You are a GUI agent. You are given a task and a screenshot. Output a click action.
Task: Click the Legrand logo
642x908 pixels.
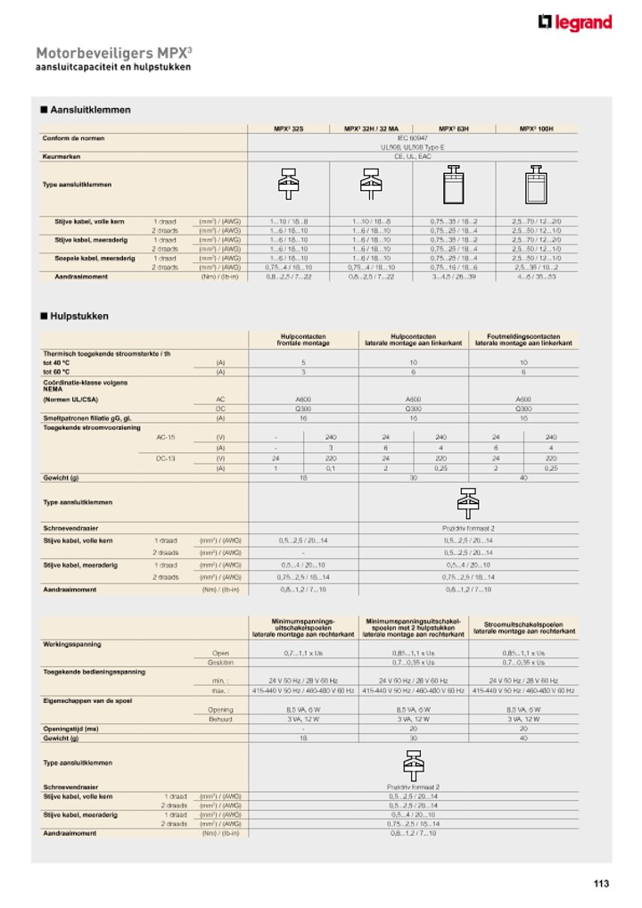click(x=575, y=22)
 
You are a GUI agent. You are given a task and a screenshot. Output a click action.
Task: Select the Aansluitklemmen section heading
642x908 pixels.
click(x=86, y=110)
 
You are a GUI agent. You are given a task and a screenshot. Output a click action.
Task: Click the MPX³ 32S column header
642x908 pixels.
click(x=288, y=129)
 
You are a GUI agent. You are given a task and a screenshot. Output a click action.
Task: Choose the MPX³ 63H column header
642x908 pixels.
click(x=453, y=129)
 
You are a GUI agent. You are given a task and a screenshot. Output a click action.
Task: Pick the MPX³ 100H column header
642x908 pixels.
click(x=536, y=129)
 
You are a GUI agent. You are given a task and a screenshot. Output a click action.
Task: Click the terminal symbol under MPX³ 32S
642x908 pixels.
click(x=288, y=185)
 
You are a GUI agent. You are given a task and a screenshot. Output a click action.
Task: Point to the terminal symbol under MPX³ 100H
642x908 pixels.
click(x=536, y=185)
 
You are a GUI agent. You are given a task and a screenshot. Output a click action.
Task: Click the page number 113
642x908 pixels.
click(x=601, y=883)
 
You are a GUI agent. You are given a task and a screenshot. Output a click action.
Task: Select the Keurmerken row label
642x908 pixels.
click(x=62, y=156)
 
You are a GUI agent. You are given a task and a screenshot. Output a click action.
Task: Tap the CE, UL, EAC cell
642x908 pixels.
click(x=412, y=156)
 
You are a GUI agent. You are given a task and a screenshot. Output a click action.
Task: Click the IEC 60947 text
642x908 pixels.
click(x=412, y=138)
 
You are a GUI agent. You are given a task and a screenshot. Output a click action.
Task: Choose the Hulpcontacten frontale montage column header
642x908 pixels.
click(x=302, y=340)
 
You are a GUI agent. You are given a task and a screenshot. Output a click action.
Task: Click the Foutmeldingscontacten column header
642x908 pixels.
click(x=523, y=340)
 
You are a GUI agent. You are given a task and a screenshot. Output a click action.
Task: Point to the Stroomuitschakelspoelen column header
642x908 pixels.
click(x=523, y=628)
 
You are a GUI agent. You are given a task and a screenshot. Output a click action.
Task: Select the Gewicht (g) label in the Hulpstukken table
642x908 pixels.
click(x=62, y=478)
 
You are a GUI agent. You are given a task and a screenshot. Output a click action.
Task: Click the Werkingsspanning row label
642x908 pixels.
click(x=72, y=644)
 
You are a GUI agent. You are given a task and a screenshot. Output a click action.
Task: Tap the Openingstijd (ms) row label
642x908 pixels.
click(x=70, y=728)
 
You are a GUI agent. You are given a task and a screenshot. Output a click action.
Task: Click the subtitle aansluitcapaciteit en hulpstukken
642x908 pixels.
click(x=112, y=68)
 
